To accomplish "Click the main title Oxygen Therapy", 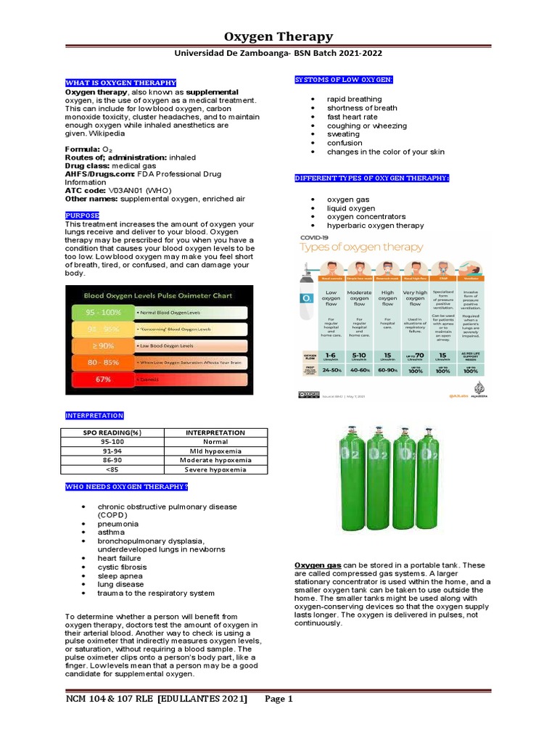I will tap(278, 36).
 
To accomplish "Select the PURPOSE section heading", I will tap(82, 215).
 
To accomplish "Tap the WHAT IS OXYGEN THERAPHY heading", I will tap(120, 83).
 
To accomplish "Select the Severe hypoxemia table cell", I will tap(216, 469).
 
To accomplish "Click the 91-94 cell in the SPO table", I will tap(112, 451).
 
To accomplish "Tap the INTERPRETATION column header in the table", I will tap(216, 432).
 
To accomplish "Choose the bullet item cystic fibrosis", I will tap(122, 567).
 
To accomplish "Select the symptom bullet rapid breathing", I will tap(354, 99).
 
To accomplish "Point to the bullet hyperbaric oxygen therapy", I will tap(375, 226).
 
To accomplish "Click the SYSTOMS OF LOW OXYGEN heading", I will tap(342, 78).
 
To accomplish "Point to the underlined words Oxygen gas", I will tap(317, 565).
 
